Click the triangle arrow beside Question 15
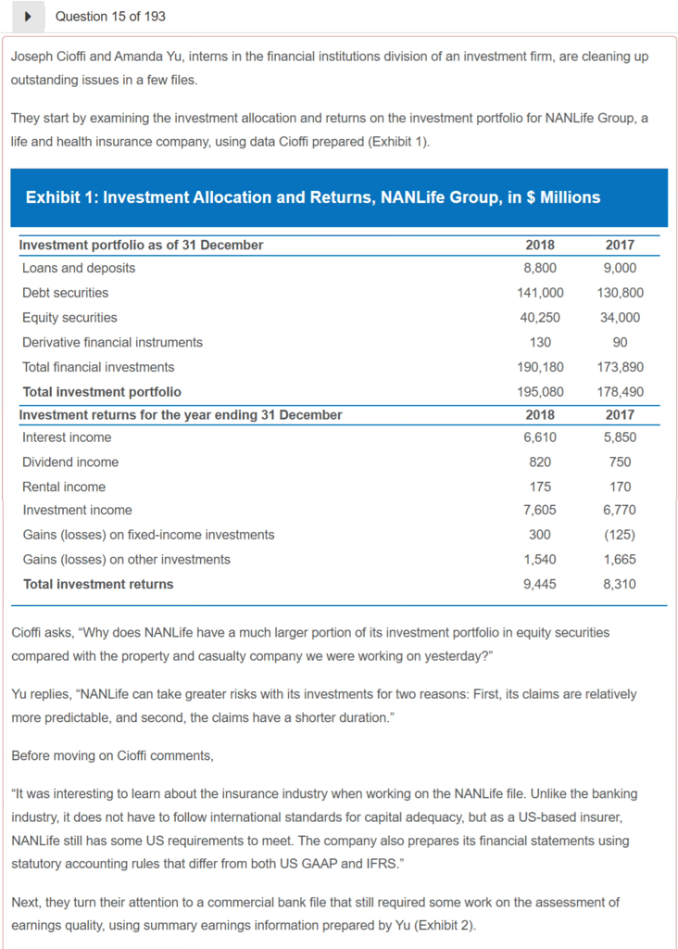(x=30, y=17)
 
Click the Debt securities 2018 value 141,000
(x=539, y=293)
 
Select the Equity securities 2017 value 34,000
(x=620, y=318)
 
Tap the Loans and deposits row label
(x=79, y=268)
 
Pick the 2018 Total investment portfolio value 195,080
(x=539, y=392)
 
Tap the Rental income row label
(x=64, y=487)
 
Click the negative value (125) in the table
(x=620, y=535)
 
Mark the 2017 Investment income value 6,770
(x=620, y=510)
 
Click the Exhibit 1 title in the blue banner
(x=313, y=197)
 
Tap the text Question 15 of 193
(x=110, y=17)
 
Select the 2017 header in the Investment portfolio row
(x=620, y=245)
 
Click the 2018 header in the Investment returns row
(x=539, y=414)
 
